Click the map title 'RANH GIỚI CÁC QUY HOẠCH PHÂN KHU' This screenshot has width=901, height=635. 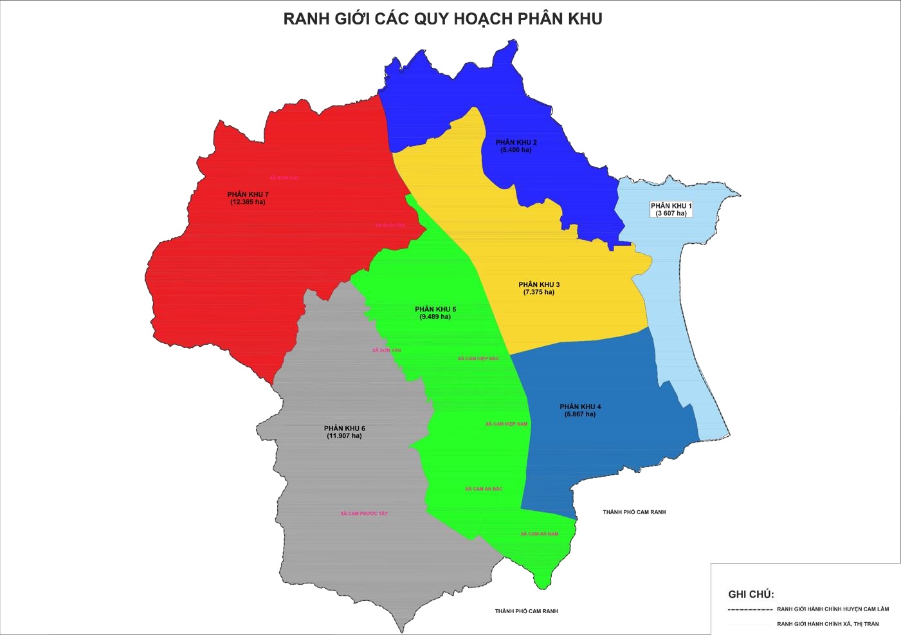pos(442,19)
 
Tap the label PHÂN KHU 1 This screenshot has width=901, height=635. pos(671,206)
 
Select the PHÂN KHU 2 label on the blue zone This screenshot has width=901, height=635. pos(516,142)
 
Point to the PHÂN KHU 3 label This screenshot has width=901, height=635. pos(539,284)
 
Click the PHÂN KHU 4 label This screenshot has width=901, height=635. pos(580,407)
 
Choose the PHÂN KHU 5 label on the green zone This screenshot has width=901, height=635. pos(435,309)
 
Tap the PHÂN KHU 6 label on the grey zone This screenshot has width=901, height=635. pos(344,428)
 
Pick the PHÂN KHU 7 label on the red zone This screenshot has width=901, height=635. pos(248,194)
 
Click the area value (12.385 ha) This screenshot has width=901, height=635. pos(248,202)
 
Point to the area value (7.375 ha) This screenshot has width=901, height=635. pos(539,292)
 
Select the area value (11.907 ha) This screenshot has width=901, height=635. pos(344,436)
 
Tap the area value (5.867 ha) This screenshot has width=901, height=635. pos(580,414)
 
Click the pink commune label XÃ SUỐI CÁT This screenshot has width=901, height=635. pos(284,178)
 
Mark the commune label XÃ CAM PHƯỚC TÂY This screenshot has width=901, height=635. pos(364,513)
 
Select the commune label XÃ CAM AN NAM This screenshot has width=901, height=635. pos(539,534)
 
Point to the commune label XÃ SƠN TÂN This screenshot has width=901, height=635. pos(386,351)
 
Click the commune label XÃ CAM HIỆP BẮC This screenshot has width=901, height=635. pos(478,358)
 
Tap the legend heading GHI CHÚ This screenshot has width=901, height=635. pos(751,594)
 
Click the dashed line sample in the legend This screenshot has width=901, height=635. pos(750,609)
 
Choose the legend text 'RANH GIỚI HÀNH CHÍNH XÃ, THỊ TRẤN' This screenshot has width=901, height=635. pos(828,624)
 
